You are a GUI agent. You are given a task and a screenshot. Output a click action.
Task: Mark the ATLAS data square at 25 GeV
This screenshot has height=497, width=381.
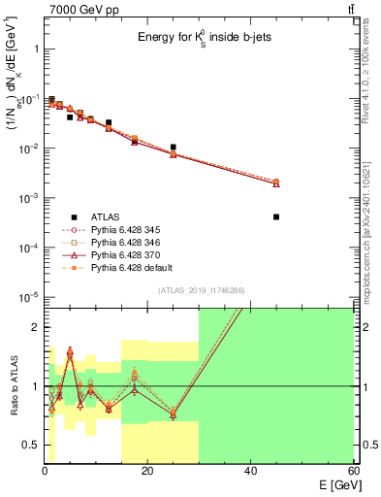click(173, 148)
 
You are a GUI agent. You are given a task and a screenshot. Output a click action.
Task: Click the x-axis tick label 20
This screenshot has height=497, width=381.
click(147, 471)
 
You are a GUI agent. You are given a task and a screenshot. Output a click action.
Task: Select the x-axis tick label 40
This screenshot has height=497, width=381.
click(250, 471)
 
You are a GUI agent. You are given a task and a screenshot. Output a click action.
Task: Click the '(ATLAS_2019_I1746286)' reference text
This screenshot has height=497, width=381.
click(201, 291)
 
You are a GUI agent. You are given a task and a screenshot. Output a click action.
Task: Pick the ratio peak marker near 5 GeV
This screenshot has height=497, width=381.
click(70, 354)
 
